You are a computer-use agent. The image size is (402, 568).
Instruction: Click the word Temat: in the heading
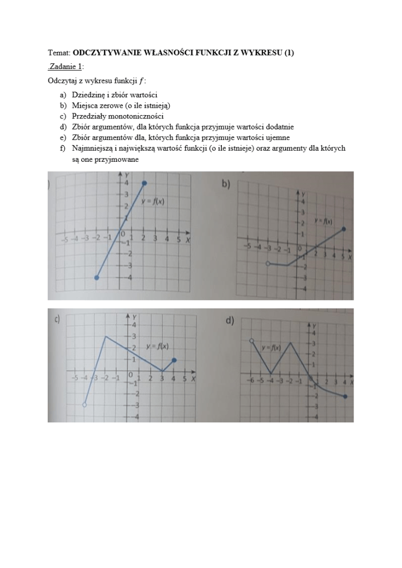[59, 53]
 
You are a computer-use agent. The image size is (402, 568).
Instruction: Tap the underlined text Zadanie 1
[66, 67]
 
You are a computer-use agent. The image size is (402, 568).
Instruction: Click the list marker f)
[63, 148]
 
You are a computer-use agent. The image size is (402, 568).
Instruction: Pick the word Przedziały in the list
[90, 117]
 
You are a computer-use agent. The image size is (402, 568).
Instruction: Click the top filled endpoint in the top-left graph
[144, 183]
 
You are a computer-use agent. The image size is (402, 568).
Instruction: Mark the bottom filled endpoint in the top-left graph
[97, 277]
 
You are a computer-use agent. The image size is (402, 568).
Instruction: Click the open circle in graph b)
[267, 264]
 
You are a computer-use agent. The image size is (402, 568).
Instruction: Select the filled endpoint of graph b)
[344, 229]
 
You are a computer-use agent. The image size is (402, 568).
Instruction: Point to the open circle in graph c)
[84, 406]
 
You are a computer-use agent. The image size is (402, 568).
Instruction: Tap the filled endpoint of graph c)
[175, 360]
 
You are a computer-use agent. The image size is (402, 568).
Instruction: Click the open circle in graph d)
[252, 340]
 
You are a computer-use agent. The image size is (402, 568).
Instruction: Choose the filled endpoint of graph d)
[345, 396]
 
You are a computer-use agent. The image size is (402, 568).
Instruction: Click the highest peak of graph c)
[106, 336]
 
